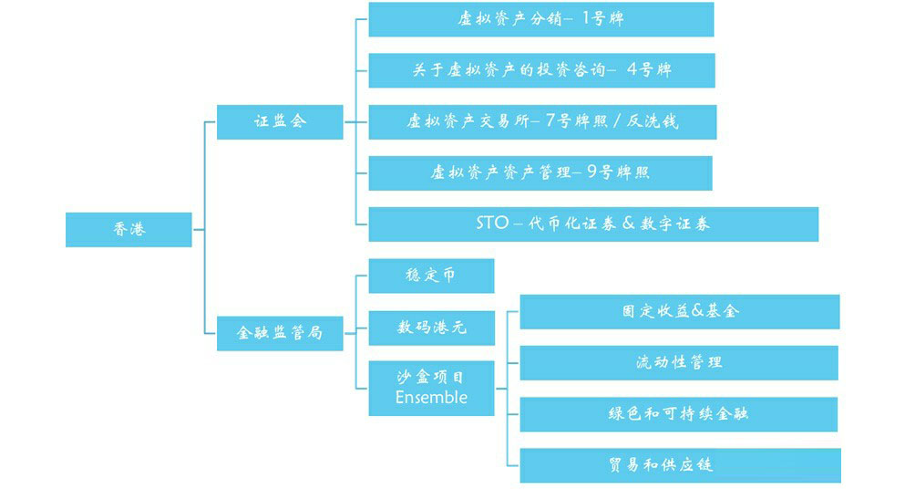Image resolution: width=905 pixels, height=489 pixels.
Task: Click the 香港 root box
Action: pyautogui.click(x=129, y=229)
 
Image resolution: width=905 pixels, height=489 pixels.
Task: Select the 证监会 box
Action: pyautogui.click(x=280, y=121)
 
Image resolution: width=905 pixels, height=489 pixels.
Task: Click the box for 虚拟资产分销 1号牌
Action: pyautogui.click(x=540, y=19)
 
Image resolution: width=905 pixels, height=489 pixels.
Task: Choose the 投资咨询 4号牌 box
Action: pyautogui.click(x=541, y=70)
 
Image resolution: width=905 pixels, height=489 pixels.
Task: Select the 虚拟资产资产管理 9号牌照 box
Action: pyautogui.click(x=540, y=172)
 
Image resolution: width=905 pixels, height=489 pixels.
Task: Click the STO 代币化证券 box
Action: pyautogui.click(x=592, y=224)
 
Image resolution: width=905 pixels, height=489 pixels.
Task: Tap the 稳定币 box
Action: pyautogui.click(x=431, y=276)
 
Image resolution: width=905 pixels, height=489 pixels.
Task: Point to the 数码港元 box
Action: pyautogui.click(x=431, y=328)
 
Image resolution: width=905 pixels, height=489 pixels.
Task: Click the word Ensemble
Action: pyautogui.click(x=431, y=398)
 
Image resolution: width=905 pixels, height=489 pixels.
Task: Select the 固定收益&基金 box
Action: pyautogui.click(x=679, y=311)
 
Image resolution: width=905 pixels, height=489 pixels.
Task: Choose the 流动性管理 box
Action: pyautogui.click(x=679, y=362)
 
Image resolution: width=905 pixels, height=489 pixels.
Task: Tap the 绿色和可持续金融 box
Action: pyautogui.click(x=679, y=413)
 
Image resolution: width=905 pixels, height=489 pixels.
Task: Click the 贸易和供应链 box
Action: pyautogui.click(x=679, y=464)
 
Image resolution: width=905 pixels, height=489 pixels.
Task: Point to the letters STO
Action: pyautogui.click(x=493, y=224)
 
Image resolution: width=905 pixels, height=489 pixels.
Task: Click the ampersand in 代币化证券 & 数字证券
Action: pyautogui.click(x=628, y=224)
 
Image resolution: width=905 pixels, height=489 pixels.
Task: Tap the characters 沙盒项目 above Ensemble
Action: pyautogui.click(x=431, y=376)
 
